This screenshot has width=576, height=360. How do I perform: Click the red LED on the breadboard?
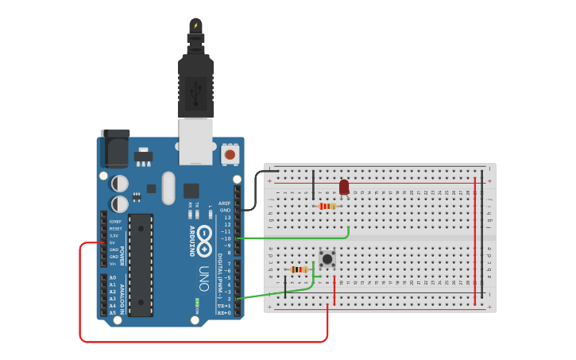[344, 187]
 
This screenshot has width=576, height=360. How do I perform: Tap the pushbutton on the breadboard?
[327, 258]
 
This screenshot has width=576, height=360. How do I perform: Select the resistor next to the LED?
[327, 206]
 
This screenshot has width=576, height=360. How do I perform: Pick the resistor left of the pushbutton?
[299, 269]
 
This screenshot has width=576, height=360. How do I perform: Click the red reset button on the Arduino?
[230, 154]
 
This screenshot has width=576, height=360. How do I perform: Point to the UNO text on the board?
[204, 277]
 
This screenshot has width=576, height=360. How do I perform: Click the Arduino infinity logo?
[205, 235]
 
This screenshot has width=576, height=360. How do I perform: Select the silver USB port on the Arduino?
[195, 141]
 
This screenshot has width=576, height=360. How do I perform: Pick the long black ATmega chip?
[141, 265]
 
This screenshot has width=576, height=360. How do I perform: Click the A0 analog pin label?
[112, 277]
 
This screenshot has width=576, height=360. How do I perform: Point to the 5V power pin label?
[112, 242]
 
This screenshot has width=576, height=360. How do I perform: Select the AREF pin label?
[224, 203]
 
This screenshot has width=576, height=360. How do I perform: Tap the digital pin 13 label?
[226, 217]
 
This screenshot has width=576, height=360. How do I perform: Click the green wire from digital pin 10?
[302, 238]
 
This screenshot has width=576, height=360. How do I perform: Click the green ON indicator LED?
[196, 303]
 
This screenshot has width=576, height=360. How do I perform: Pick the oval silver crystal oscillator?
[168, 188]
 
